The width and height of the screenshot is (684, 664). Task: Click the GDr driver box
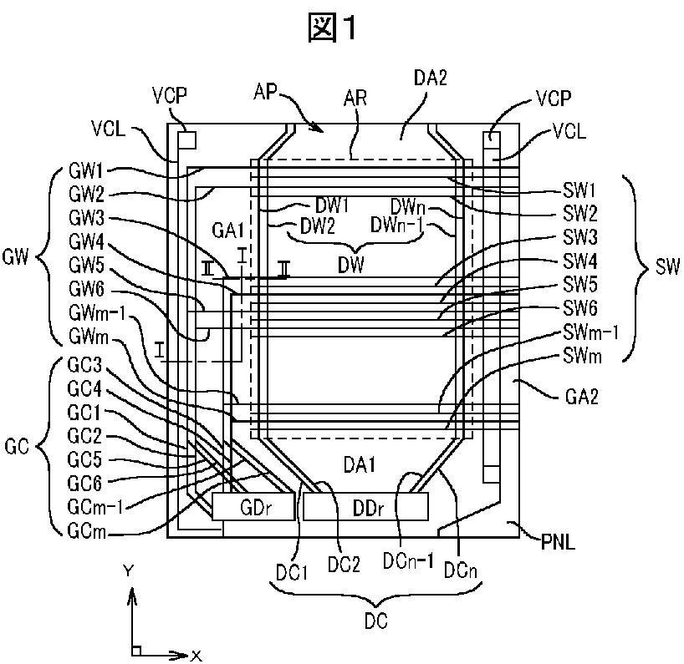pos(253,507)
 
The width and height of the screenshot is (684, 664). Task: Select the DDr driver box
pos(365,507)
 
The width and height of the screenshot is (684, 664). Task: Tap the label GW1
pos(86,171)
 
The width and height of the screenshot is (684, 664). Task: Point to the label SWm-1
pos(590,332)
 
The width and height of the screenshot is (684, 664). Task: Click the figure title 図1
pos(333,28)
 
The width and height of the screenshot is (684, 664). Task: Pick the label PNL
pos(558,542)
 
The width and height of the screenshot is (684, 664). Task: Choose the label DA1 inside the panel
pos(360,465)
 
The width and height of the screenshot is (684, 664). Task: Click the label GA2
pos(581,397)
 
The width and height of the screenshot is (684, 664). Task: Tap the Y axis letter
pos(128,570)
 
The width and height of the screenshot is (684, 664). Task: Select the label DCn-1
pos(408,561)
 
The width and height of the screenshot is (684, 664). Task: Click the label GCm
pos(87,530)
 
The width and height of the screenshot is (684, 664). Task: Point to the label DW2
pos(318,226)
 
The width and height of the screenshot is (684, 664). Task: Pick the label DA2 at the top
pos(431,79)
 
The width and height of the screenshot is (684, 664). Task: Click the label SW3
pos(579,237)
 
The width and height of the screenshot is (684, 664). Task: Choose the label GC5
pos(84,459)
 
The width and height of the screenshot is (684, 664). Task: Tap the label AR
pos(355,98)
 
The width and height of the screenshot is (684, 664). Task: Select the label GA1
pos(227,230)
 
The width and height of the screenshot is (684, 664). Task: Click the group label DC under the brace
pos(376,621)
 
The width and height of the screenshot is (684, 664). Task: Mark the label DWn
pos(407,206)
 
